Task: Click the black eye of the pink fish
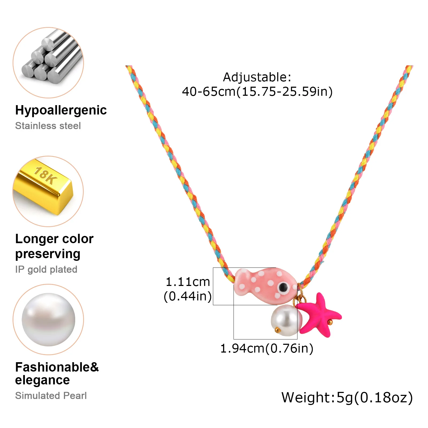(283, 288)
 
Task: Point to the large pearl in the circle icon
(48, 320)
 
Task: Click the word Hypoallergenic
(61, 110)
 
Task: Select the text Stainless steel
(48, 126)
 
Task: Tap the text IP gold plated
(46, 269)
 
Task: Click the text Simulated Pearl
(51, 396)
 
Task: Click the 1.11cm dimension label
(188, 282)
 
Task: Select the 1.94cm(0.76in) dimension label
(267, 349)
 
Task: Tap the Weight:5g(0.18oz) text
(347, 398)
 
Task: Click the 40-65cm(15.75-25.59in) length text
(257, 92)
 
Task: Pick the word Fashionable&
(57, 367)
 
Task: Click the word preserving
(48, 254)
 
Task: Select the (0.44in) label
(188, 296)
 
